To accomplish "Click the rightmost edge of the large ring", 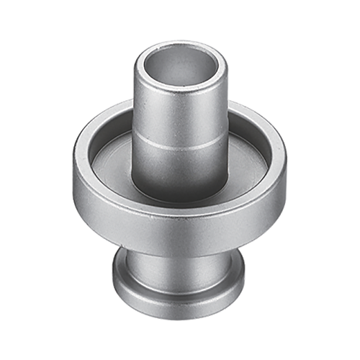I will (x=284, y=173).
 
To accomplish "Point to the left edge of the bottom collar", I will (x=113, y=277).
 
